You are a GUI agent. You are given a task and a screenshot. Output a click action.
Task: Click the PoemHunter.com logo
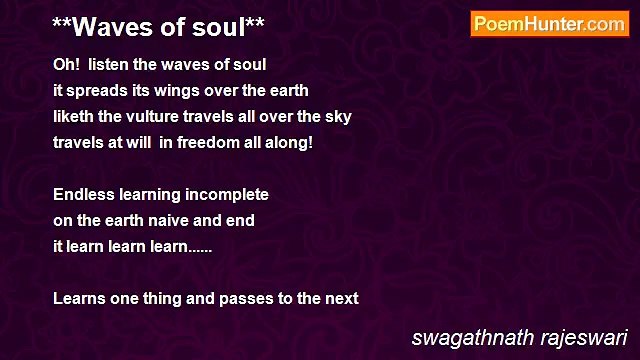point(549,24)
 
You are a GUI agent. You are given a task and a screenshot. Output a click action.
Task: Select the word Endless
point(83,194)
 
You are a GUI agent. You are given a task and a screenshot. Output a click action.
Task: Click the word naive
point(173,220)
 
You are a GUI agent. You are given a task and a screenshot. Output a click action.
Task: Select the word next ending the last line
point(341,298)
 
